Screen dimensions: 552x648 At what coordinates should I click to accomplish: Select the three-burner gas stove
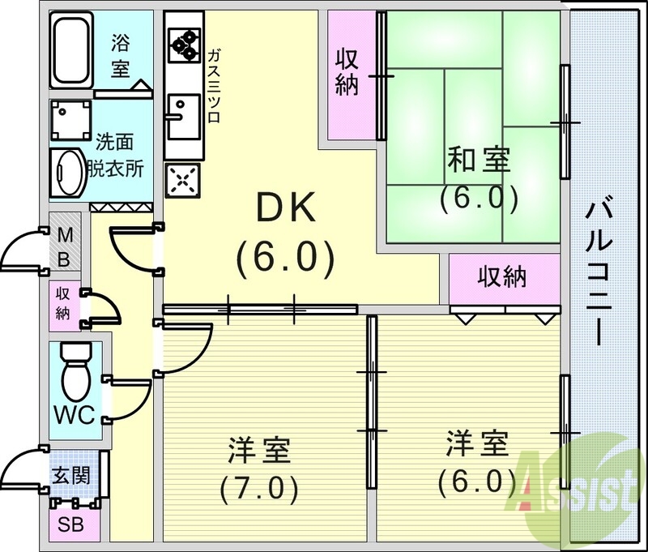[184, 45]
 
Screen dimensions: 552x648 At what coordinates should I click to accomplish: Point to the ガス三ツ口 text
[215, 86]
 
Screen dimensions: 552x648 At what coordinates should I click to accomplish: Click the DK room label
[284, 210]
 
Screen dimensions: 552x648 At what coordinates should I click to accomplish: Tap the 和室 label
[479, 160]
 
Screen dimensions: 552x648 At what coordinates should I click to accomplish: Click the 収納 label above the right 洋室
[501, 277]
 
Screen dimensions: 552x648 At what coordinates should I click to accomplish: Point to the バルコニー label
[600, 276]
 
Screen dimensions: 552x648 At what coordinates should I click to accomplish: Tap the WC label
[75, 415]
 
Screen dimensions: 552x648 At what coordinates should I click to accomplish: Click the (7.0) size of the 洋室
[259, 488]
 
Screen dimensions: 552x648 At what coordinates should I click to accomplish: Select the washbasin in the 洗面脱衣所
[67, 171]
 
